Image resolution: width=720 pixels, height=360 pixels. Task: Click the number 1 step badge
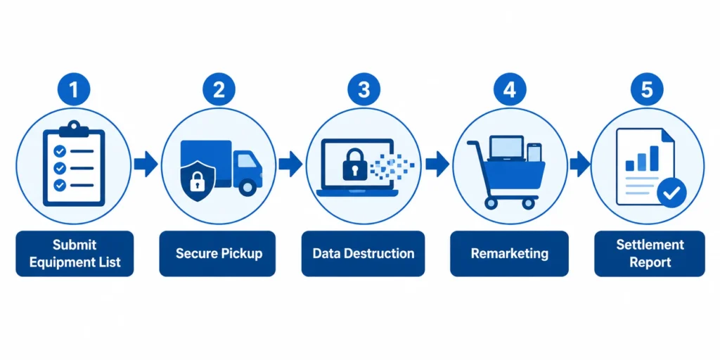(x=73, y=89)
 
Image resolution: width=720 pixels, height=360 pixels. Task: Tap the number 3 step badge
(x=364, y=89)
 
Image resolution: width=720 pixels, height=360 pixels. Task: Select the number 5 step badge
(x=647, y=89)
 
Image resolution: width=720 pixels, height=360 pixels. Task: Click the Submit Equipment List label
(x=75, y=253)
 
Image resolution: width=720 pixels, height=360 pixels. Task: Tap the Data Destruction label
(x=364, y=253)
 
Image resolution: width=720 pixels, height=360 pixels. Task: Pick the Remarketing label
(x=509, y=253)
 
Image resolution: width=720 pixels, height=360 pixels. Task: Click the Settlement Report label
(x=649, y=253)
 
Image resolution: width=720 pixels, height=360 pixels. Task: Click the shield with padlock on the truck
(x=196, y=181)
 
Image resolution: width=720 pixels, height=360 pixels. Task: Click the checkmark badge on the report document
(x=671, y=193)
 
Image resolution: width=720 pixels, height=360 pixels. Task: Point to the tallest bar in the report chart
(x=654, y=157)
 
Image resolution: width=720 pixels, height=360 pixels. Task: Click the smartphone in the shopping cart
(x=534, y=153)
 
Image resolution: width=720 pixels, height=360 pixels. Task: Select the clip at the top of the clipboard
(x=73, y=129)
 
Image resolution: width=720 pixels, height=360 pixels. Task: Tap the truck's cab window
(x=247, y=161)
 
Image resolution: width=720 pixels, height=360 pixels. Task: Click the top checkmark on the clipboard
(x=60, y=150)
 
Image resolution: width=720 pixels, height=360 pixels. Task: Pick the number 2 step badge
(x=219, y=89)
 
